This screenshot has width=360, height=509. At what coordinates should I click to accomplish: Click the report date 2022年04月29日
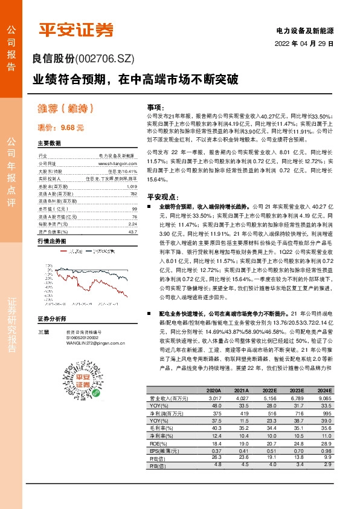coord(304,44)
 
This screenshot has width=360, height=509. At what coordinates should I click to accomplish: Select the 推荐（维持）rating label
coord(66,108)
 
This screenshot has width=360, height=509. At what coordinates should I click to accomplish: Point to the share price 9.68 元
coord(68,128)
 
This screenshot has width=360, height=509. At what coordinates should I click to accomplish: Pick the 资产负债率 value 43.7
coord(132,232)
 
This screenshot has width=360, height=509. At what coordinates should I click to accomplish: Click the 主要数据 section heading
coord(50,143)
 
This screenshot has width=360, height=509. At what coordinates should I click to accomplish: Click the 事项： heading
coord(155,106)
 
